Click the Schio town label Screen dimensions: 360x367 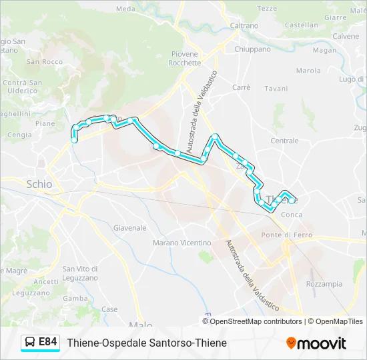coord(39,184)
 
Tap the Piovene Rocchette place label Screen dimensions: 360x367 coord(186,58)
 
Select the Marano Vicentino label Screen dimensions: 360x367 coord(181,243)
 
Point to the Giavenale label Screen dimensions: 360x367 coord(129,227)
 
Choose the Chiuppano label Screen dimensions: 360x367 coord(252,49)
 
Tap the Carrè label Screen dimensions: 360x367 coord(241,87)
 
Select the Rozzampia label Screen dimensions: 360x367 coord(324,283)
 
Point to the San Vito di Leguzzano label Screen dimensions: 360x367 coord(80,273)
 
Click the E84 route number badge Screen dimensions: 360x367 coord(47,341)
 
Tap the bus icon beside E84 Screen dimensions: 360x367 coord(31,342)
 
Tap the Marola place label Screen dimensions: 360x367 coord(308,70)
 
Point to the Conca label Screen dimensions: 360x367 coord(292,215)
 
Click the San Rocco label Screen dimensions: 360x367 coord(45,62)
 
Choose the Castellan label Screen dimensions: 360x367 coord(301,25)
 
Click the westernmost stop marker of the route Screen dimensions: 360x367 coord(73,139)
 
